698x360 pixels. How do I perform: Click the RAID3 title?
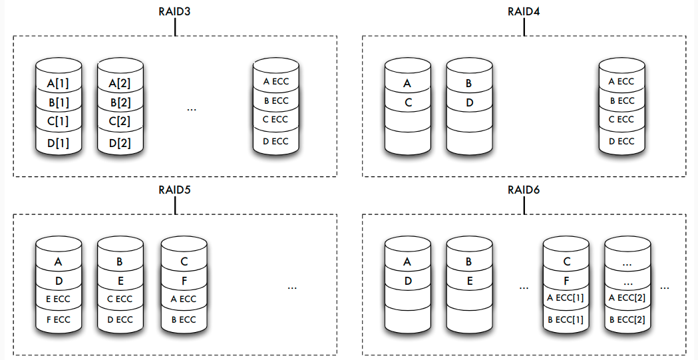pyautogui.click(x=176, y=11)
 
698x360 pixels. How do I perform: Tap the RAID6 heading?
pyautogui.click(x=524, y=190)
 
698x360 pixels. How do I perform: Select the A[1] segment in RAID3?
pyautogui.click(x=59, y=84)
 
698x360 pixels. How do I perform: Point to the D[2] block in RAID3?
pyautogui.click(x=120, y=142)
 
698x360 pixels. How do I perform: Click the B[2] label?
pyautogui.click(x=120, y=102)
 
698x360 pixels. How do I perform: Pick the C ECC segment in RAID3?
pyautogui.click(x=275, y=120)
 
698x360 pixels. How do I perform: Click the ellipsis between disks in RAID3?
pyautogui.click(x=192, y=108)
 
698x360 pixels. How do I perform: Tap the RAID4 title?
pyautogui.click(x=524, y=11)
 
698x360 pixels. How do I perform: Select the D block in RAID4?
pyautogui.click(x=468, y=103)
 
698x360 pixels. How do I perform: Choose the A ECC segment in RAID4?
pyautogui.click(x=621, y=82)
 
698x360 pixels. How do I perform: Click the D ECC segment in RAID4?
pyautogui.click(x=621, y=141)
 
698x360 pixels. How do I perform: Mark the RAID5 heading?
pyautogui.click(x=176, y=190)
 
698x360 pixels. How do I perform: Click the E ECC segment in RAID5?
pyautogui.click(x=58, y=299)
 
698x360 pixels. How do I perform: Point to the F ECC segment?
pyautogui.click(x=58, y=319)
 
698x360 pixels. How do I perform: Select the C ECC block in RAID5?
pyautogui.click(x=120, y=299)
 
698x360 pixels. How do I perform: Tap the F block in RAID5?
pyautogui.click(x=184, y=281)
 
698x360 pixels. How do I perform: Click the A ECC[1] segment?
pyautogui.click(x=566, y=297)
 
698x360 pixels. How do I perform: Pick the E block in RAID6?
pyautogui.click(x=468, y=281)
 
